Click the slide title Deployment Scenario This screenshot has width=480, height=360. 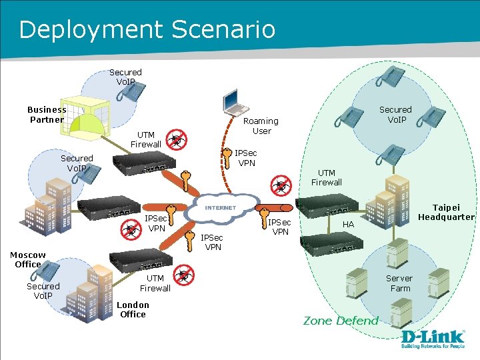(x=147, y=29)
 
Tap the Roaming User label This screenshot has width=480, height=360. (x=261, y=126)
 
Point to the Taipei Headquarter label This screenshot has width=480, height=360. (x=446, y=212)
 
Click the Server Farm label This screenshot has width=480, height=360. (x=399, y=283)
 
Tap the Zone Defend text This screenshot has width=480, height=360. (x=341, y=321)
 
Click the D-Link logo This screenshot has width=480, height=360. (x=432, y=337)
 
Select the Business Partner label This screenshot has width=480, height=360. (x=47, y=115)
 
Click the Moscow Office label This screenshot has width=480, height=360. (x=27, y=259)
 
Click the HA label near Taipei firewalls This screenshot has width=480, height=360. (x=348, y=225)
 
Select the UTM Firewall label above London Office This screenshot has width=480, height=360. (x=155, y=283)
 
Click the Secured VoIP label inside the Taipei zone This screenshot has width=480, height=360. (x=395, y=115)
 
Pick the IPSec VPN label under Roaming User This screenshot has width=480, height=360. (x=246, y=158)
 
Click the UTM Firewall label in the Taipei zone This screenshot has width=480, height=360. (x=327, y=177)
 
